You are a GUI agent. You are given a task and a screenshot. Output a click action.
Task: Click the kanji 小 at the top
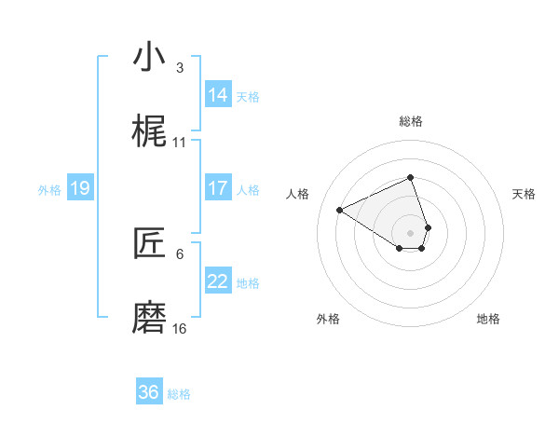(149, 57)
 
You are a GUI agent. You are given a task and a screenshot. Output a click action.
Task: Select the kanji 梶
(149, 131)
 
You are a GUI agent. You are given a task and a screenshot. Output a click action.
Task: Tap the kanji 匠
(149, 243)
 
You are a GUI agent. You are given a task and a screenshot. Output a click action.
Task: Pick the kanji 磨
(149, 318)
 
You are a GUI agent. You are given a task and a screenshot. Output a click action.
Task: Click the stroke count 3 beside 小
(180, 68)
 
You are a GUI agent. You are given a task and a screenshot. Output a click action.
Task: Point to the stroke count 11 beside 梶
(180, 143)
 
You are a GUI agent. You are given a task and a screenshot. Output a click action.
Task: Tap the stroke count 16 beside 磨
(180, 329)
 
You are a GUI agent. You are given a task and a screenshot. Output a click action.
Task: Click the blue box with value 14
(218, 95)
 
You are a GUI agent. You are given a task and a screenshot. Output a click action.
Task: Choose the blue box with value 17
(218, 188)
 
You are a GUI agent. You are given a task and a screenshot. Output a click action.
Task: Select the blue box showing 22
(218, 281)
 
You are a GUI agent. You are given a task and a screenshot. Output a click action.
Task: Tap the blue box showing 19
(79, 188)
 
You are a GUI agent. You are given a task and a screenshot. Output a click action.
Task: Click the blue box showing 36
(149, 392)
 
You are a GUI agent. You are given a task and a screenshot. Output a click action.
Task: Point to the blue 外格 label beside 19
(49, 189)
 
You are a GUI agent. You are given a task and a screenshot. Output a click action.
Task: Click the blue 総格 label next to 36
(179, 394)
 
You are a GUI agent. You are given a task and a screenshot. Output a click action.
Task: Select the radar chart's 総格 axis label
(411, 121)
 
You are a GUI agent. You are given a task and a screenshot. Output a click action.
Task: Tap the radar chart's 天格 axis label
(524, 194)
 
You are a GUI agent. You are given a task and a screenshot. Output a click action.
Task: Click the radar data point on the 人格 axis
(340, 210)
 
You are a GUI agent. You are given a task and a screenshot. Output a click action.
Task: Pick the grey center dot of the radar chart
(411, 232)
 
